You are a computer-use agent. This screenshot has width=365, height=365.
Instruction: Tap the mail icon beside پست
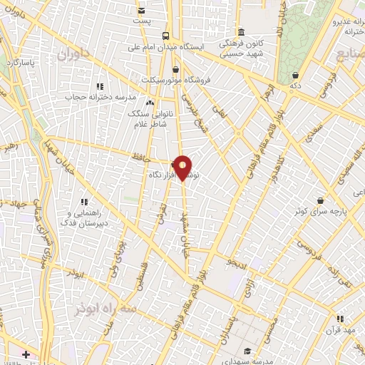141,11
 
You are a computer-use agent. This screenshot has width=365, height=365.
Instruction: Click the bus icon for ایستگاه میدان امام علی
166,36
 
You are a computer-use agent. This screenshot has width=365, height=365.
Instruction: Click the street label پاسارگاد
24,63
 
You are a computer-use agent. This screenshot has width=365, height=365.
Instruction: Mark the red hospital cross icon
26,354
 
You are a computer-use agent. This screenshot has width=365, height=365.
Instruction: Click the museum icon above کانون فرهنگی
242,33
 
